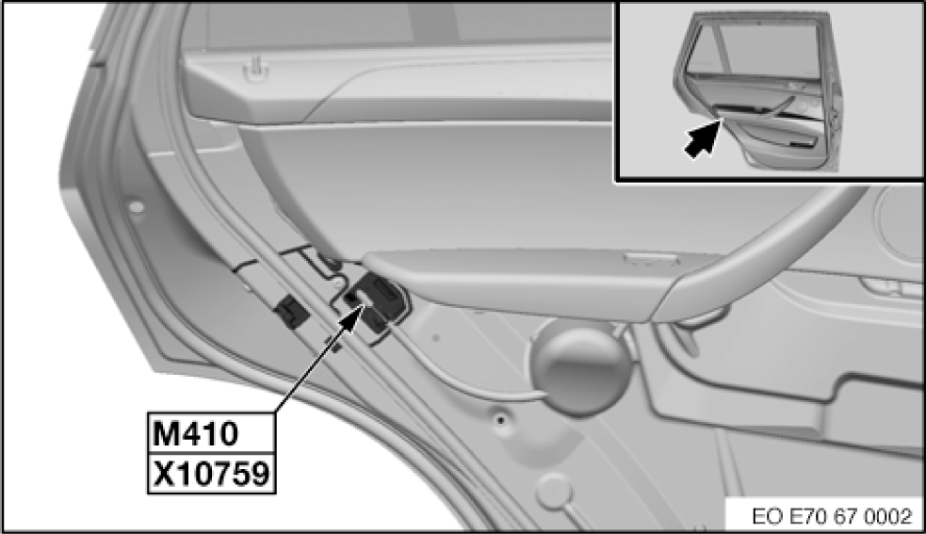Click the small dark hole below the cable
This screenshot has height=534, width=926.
[501, 419]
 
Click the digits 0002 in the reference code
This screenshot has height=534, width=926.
[891, 516]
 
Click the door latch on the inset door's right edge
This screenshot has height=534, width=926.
[833, 118]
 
